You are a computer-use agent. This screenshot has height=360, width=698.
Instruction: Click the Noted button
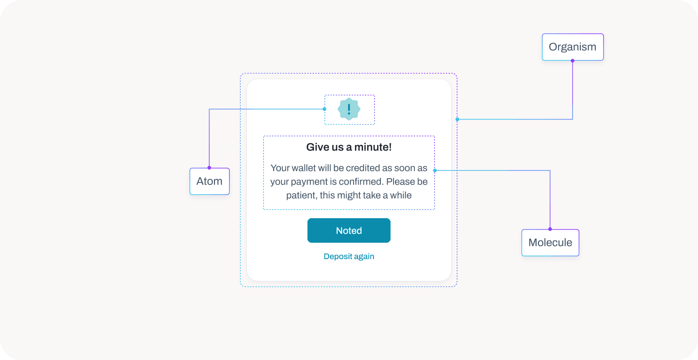pos(349,230)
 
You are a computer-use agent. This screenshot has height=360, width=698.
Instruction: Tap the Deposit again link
pos(349,256)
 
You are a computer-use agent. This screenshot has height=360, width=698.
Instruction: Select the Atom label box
pos(209,181)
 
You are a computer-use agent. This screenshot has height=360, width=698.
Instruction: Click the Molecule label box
pos(550,243)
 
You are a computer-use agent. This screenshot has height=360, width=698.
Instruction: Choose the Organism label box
pos(572,47)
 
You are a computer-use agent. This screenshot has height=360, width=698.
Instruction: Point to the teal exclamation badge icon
pos(349,109)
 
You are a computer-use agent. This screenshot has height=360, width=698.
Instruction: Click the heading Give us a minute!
pos(349,147)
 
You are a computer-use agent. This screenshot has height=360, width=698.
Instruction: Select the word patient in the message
pos(301,195)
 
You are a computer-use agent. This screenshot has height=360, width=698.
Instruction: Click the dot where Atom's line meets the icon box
pos(324,109)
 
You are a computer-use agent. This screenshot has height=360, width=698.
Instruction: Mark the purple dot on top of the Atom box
pos(209,168)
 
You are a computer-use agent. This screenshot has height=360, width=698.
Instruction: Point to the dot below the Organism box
pos(572,60)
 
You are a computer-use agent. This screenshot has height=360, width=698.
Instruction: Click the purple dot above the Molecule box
pos(550,229)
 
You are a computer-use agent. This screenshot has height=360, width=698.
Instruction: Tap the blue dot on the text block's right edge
pos(435,170)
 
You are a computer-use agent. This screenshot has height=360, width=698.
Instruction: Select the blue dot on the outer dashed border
pos(457,120)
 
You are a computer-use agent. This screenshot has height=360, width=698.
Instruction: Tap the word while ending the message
pos(401,195)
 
